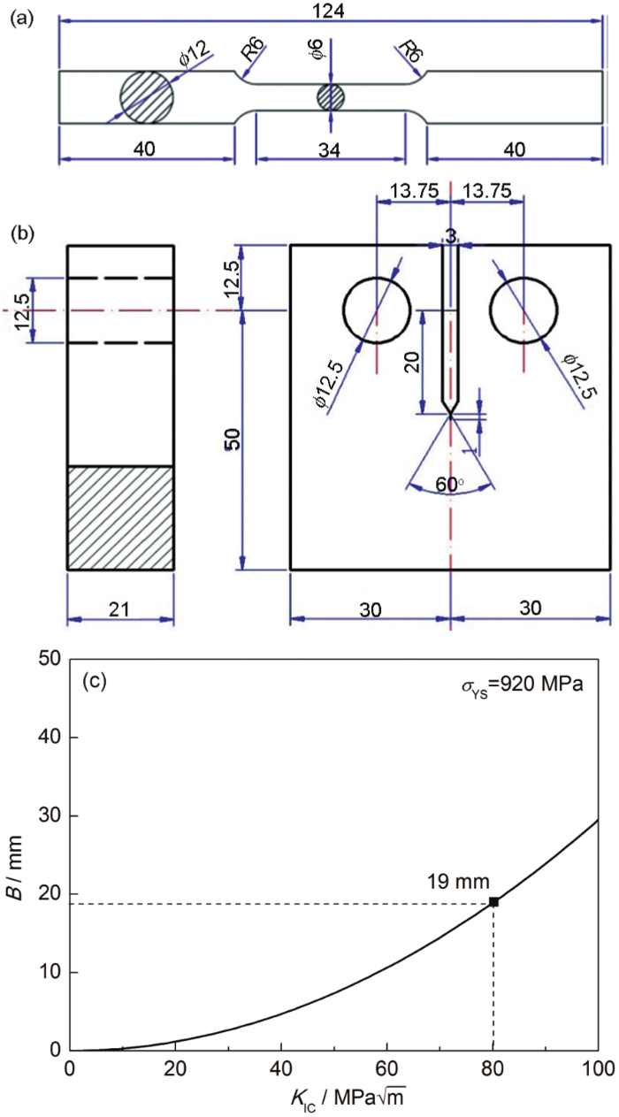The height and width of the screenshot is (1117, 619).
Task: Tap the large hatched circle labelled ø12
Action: tap(147, 97)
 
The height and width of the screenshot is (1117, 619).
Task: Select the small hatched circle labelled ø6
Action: tap(331, 97)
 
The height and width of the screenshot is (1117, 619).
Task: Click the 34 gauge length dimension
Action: tap(331, 149)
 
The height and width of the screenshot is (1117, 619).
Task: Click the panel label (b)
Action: tap(22, 235)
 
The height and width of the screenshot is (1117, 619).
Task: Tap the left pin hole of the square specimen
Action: tap(378, 310)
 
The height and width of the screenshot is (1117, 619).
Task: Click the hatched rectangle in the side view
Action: tap(120, 517)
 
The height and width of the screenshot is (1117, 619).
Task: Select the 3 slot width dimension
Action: tap(452, 233)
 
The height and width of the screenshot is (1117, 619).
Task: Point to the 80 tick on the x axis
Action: tap(493, 1067)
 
